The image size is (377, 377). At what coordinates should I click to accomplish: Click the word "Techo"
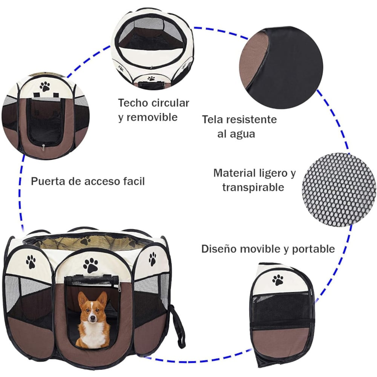click(x=133, y=103)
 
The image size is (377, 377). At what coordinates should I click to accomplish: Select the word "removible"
click(x=152, y=117)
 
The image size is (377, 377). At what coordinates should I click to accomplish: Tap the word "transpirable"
click(x=253, y=187)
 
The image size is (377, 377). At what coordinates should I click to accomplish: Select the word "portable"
click(x=313, y=249)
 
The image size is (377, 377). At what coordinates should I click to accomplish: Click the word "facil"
click(x=134, y=181)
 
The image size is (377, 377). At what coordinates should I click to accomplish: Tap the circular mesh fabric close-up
click(x=339, y=190)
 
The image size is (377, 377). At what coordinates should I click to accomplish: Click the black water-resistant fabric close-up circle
click(x=282, y=67)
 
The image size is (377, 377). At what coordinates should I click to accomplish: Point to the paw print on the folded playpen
click(x=278, y=280)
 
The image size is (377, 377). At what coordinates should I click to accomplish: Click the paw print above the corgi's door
click(x=90, y=265)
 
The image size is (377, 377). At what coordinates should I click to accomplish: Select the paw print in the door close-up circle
click(x=45, y=86)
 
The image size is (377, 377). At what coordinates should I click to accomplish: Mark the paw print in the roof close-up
click(x=151, y=79)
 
